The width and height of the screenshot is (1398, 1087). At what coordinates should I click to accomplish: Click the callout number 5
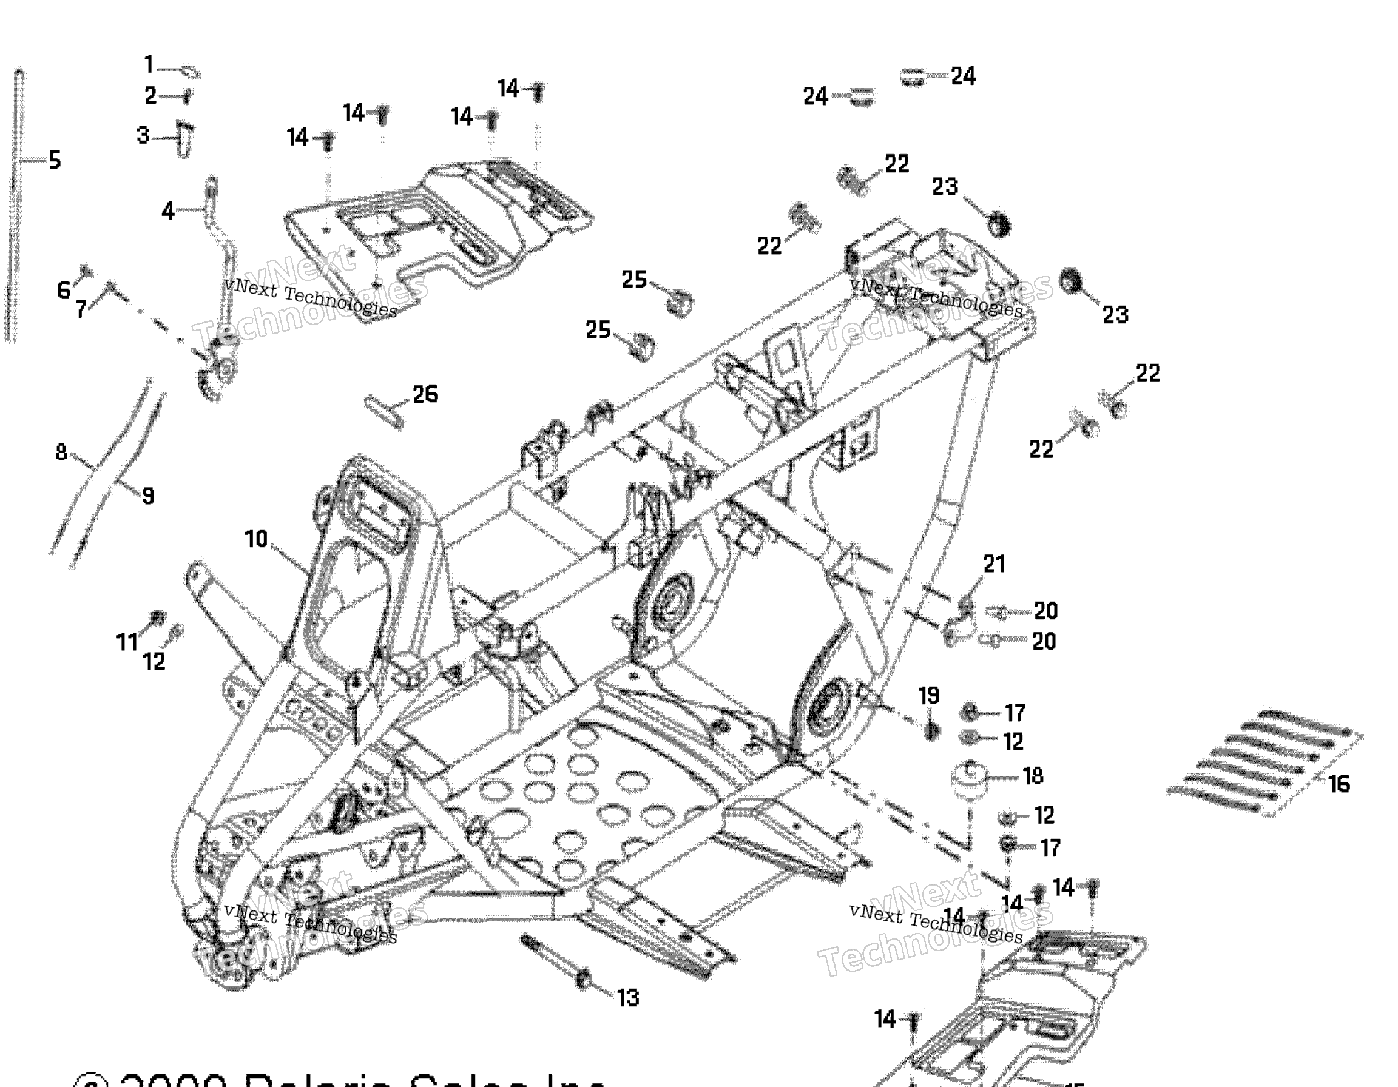coord(55,161)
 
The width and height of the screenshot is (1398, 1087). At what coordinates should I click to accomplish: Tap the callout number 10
coord(256,539)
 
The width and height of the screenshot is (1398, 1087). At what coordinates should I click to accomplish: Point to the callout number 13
coord(628,998)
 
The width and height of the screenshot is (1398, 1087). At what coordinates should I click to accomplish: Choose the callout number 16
coord(1339,784)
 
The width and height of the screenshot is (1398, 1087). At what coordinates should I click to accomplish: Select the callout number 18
coord(1033,776)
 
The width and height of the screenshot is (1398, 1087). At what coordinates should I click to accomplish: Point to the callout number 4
coord(167,210)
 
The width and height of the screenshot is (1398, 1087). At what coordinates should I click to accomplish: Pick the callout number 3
coord(143,136)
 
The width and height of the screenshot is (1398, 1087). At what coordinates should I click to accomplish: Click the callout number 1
coord(149,65)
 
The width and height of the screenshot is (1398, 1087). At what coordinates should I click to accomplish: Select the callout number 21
coord(994,564)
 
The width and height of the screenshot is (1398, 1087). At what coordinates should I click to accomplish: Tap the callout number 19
coord(929,696)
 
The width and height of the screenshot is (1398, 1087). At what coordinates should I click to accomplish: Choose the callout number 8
coord(61,453)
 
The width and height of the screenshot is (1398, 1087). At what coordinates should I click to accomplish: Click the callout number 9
coord(148,496)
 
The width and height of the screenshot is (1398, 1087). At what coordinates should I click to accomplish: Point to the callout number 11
coord(127,641)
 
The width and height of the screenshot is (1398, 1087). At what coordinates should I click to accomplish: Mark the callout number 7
coord(81,309)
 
